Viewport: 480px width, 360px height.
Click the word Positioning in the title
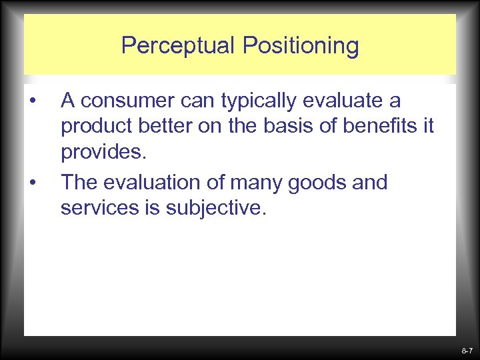click(300, 46)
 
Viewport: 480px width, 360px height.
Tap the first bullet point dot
click(32, 101)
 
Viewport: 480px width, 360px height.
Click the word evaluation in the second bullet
click(155, 183)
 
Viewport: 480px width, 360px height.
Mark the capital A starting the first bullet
click(67, 101)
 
